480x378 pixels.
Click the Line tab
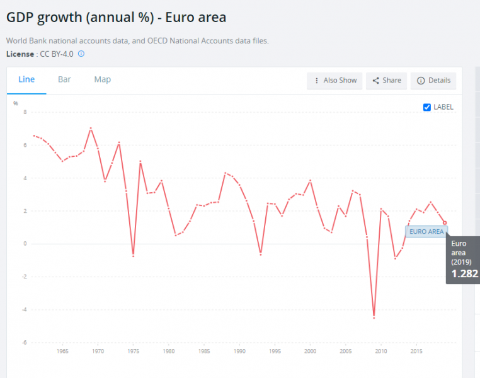click(x=26, y=79)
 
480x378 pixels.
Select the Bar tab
click(x=64, y=79)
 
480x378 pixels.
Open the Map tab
click(x=103, y=79)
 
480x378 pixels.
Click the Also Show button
click(x=334, y=81)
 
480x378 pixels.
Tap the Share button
click(x=386, y=81)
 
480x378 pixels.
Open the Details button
click(x=433, y=81)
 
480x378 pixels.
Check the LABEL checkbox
click(x=427, y=107)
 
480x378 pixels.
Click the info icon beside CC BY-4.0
click(x=81, y=54)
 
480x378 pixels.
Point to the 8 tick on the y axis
click(x=25, y=112)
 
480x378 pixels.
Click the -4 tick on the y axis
click(x=24, y=309)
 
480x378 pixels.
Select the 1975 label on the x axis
click(x=133, y=351)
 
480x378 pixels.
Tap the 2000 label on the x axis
click(x=310, y=351)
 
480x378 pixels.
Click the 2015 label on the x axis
click(x=416, y=351)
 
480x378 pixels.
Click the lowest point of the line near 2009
click(x=374, y=318)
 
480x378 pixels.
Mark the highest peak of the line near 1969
click(x=91, y=128)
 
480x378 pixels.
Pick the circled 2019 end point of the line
click(x=445, y=222)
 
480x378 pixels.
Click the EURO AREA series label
click(x=426, y=232)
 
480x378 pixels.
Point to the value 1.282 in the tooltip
click(x=465, y=274)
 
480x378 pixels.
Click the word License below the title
click(x=21, y=54)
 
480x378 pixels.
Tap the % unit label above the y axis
click(x=16, y=103)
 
